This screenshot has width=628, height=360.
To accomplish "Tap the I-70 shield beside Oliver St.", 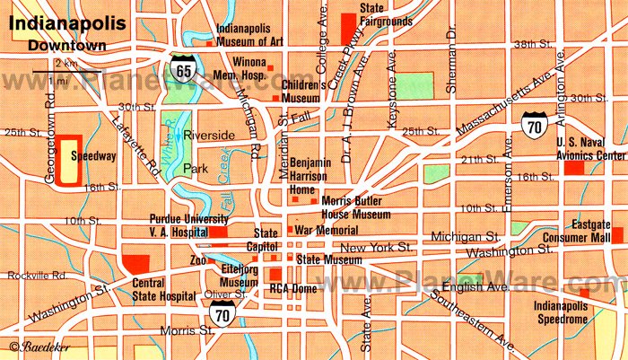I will pos(222,311).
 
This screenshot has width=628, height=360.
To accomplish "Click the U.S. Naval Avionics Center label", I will pos(584,149).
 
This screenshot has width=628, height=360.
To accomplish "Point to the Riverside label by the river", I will pos(208,135).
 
